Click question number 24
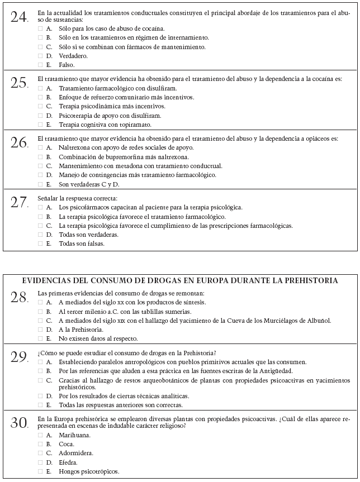click(19, 17)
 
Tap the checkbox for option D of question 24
click(40, 55)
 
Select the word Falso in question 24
click(67, 64)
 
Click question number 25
click(19, 83)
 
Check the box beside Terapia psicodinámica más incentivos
click(40, 106)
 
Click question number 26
click(19, 142)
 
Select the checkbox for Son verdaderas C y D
click(40, 184)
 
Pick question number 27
click(19, 202)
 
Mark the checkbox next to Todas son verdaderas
click(40, 235)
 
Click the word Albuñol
click(318, 320)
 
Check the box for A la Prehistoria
click(40, 330)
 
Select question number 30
click(19, 423)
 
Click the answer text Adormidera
click(76, 453)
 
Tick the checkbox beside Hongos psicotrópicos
click(40, 471)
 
